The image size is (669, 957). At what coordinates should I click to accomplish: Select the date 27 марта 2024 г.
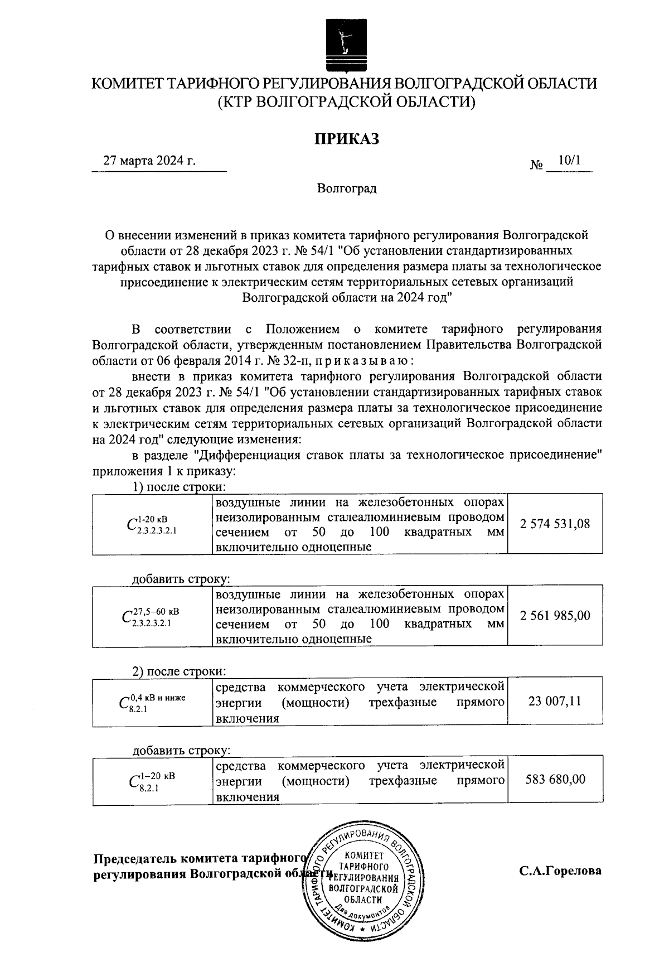[x=150, y=161]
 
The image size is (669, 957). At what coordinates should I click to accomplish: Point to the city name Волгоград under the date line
[x=346, y=188]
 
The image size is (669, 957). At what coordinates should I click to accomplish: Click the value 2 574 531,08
[x=555, y=524]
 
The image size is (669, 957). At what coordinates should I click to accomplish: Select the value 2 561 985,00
[x=555, y=616]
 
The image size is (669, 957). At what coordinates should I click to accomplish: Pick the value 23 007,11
[x=555, y=701]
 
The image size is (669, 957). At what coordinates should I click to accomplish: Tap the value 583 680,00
[x=555, y=779]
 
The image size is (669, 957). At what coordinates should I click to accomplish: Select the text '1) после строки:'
[x=178, y=487]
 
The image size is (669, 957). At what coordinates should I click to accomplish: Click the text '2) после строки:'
[x=178, y=671]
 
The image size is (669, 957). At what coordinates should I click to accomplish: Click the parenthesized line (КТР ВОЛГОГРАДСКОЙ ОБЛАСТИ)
[x=346, y=101]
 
